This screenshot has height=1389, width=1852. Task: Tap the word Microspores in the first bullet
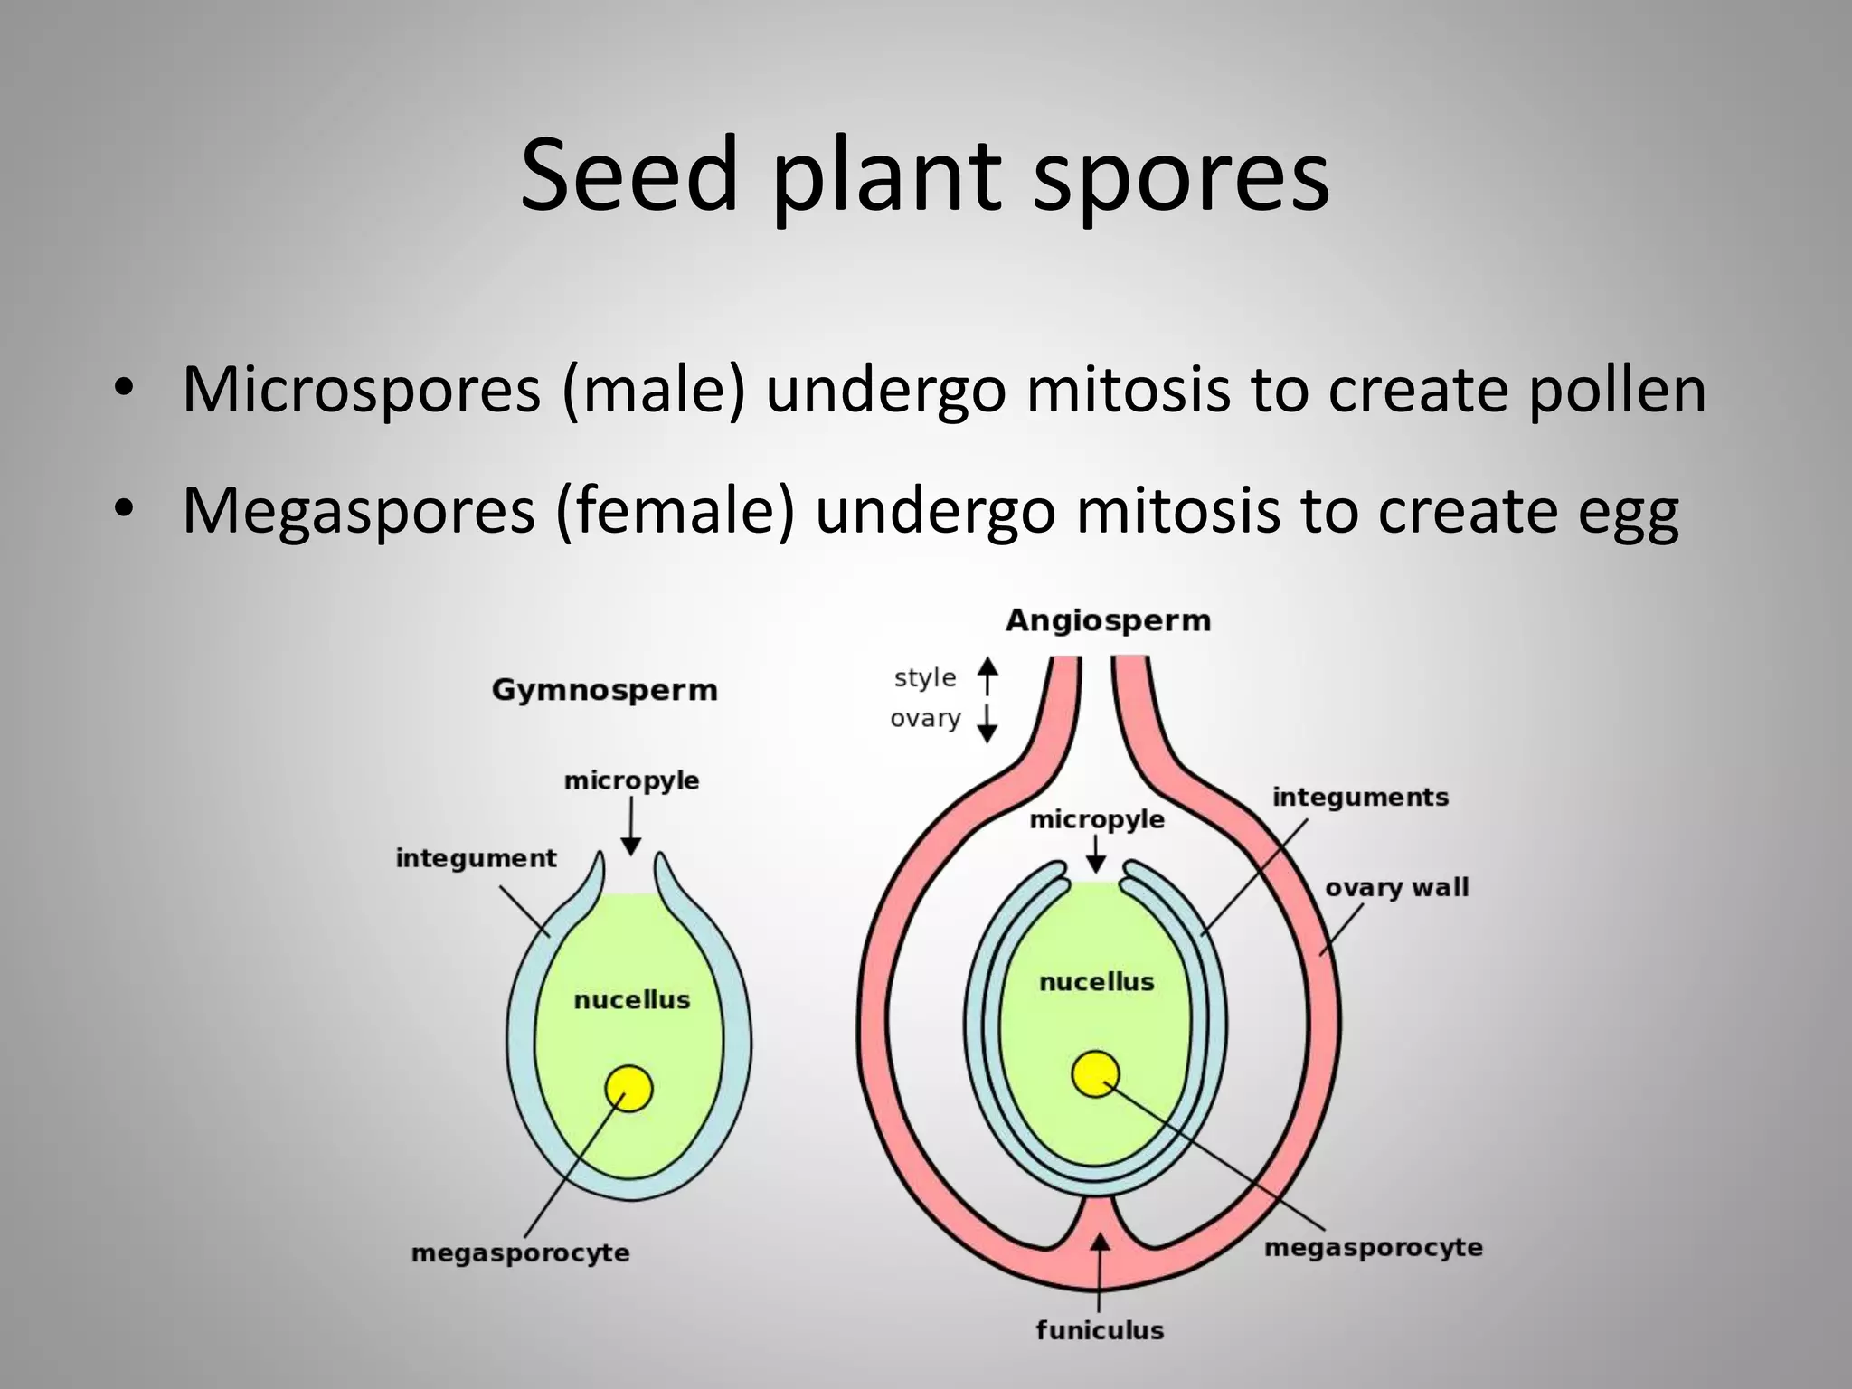coord(361,390)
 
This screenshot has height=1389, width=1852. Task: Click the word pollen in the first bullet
coord(1617,390)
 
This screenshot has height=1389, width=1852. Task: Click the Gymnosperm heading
coord(604,690)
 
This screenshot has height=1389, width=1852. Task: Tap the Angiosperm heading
coord(1108,620)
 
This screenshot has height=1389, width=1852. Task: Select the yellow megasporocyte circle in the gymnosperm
coord(628,1088)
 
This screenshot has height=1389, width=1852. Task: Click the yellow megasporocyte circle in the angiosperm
coord(1095,1074)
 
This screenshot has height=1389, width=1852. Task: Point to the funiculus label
coord(1100,1330)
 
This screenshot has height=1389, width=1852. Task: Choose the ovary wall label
coord(1396,887)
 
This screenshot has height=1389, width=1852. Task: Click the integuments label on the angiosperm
coord(1360,797)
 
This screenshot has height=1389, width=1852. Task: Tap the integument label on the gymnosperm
coord(476,857)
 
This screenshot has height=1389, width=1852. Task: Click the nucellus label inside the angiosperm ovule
coord(1096,982)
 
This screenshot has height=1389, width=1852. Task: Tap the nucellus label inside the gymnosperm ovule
coord(631,1000)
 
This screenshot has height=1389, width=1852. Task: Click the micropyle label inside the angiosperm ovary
coord(1096,819)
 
